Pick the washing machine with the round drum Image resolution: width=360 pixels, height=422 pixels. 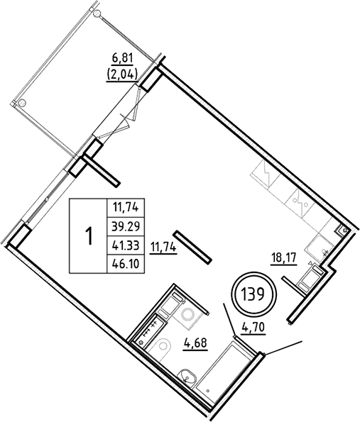(188, 314)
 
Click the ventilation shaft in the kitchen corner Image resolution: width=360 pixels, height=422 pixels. (342, 231)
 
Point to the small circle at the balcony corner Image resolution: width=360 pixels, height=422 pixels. (27, 101)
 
